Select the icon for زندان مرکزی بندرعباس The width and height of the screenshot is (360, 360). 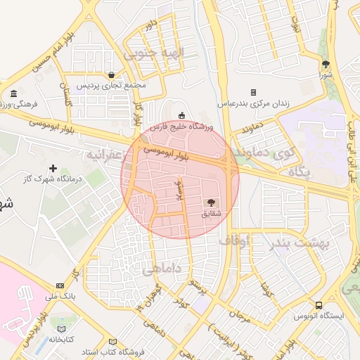(x=253, y=93)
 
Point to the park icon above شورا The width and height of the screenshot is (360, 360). (x=325, y=63)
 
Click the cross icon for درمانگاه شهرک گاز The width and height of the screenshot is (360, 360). (x=53, y=169)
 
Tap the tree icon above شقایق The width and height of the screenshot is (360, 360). (x=210, y=202)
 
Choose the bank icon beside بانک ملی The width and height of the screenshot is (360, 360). (x=60, y=285)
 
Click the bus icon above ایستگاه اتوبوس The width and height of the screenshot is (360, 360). (x=319, y=306)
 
